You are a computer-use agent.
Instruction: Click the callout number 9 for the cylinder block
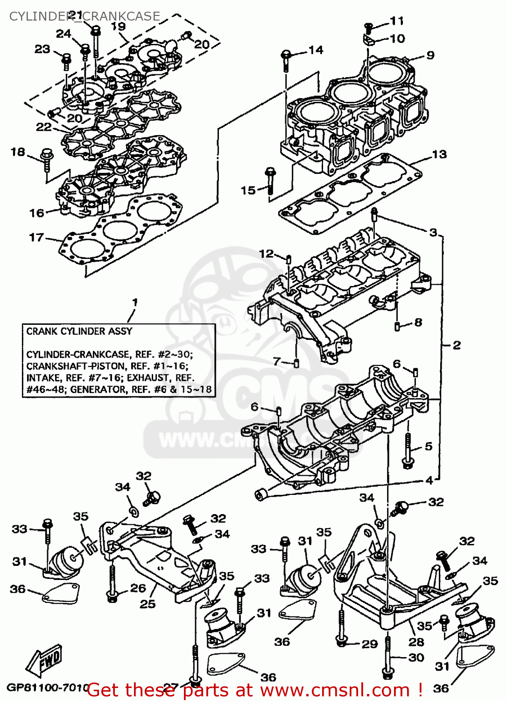pos(430,55)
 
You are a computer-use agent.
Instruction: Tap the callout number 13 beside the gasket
pos(439,154)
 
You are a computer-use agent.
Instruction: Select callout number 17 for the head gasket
pos(36,237)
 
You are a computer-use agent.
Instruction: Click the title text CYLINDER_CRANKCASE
pos(84,16)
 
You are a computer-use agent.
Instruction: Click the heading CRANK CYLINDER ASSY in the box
pos(79,331)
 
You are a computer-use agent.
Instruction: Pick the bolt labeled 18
pos(47,159)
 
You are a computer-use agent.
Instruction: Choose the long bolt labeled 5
pos(408,449)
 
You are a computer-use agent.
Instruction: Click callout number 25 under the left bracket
pos(148,604)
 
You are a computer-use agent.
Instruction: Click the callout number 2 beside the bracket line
pos(456,345)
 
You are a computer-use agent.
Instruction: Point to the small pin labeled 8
pos(397,325)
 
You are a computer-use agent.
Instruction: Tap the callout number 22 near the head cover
pos(44,127)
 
